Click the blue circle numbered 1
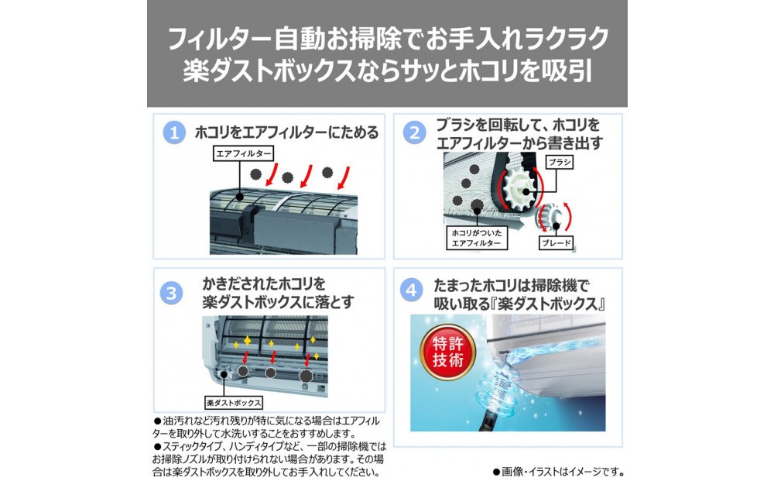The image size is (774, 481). pos(173,133)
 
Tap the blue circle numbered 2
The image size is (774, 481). pos(414,133)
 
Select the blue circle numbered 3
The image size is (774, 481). pos(171,294)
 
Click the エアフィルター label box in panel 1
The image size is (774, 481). pos(244,153)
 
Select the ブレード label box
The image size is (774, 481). pos(557,242)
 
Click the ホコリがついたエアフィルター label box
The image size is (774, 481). pos(476,238)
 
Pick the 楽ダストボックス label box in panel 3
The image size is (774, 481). pos(234,403)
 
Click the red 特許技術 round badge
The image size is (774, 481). pos(447,352)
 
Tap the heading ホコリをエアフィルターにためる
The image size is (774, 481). pos(287,132)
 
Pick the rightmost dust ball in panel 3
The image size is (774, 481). pos(307,376)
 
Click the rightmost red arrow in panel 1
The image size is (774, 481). pos(344,178)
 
